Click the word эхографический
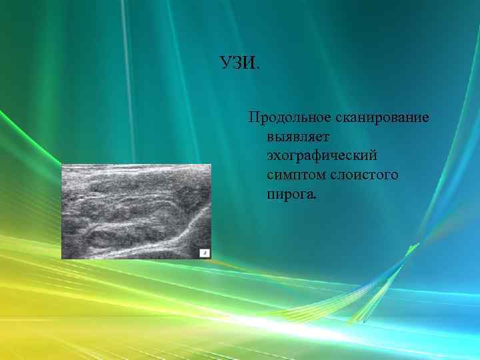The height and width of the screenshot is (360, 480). (322, 156)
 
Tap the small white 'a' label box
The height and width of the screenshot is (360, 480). (205, 252)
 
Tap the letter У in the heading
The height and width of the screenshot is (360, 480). (225, 64)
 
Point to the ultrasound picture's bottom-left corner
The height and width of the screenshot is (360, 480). (62, 258)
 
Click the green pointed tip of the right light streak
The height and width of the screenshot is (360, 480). (417, 245)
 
